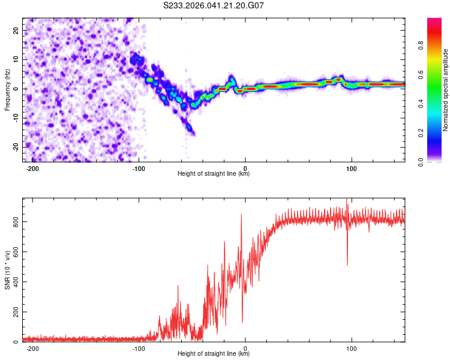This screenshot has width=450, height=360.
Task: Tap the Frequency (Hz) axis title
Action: coord(7,90)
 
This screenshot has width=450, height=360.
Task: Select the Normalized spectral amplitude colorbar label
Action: coord(446,90)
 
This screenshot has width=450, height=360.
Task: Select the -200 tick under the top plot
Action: coord(32,168)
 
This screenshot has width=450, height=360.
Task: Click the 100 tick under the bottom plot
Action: coord(352,348)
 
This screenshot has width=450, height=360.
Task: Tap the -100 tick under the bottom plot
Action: coord(139,348)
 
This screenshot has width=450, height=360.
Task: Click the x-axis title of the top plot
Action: coord(214,174)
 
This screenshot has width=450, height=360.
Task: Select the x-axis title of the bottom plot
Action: coord(214,354)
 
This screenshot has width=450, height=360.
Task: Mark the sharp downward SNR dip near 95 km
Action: coord(347,263)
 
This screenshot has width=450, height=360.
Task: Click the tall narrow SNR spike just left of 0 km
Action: coord(241,216)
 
